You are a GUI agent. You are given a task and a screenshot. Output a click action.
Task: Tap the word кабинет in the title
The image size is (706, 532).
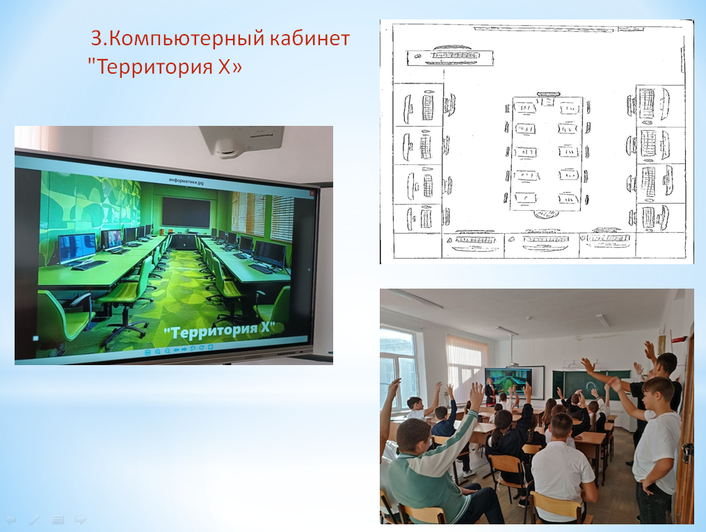point(310,38)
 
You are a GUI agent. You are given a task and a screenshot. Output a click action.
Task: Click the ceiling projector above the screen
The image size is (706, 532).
point(242,141)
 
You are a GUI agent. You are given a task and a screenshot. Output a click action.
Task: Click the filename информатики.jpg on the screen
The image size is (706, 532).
point(186,180)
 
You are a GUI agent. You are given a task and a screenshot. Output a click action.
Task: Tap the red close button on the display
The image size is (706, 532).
point(311,193)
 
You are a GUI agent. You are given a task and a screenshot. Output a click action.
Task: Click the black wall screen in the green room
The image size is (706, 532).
point(186,211)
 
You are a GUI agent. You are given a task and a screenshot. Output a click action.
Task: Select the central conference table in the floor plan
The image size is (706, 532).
point(547,153)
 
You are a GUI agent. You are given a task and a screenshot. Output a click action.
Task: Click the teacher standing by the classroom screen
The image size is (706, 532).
point(490,391)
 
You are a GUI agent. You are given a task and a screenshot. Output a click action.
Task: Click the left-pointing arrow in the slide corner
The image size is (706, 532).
point(10,520)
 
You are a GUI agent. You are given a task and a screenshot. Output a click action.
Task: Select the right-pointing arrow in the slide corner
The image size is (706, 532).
point(81,519)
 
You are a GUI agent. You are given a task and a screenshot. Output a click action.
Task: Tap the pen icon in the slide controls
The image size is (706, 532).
point(34,520)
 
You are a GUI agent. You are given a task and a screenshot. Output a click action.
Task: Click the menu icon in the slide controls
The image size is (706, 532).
point(58,520)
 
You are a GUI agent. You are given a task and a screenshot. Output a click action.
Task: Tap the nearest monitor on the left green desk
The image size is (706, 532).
point(77,248)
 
